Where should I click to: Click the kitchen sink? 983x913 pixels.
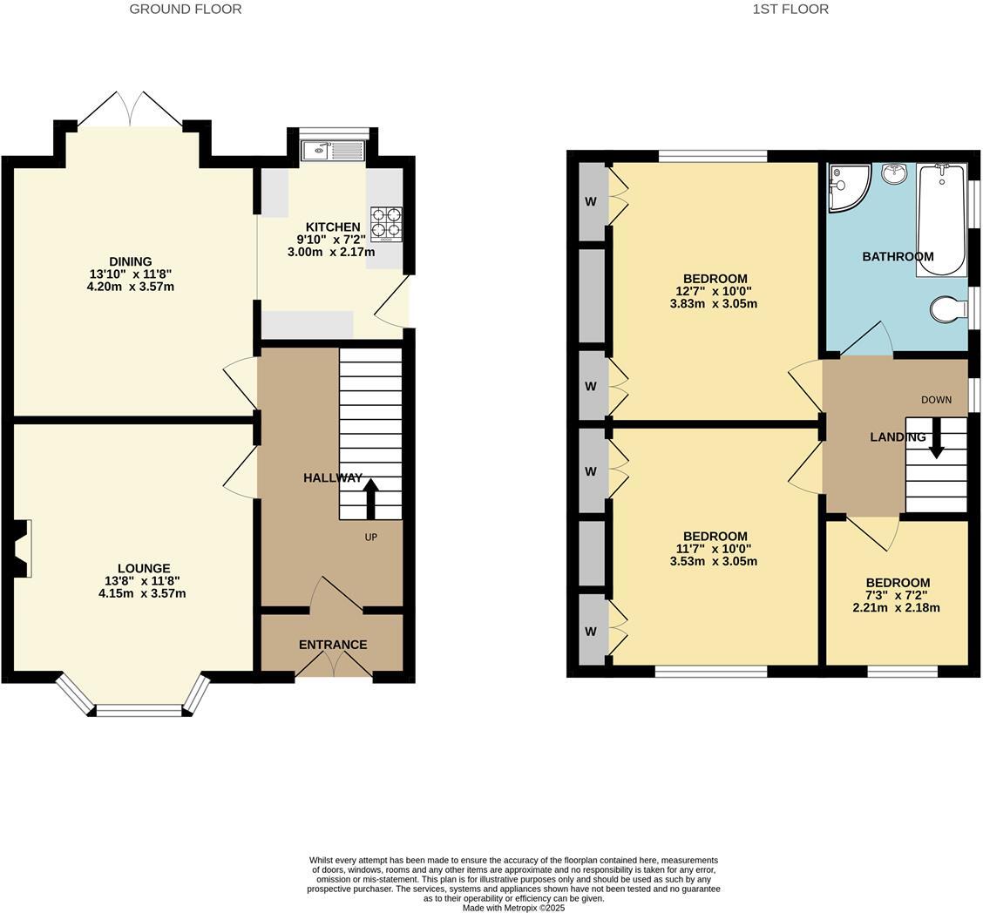333,151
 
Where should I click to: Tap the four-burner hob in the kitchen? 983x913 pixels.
386,222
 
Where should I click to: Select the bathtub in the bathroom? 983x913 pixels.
940,220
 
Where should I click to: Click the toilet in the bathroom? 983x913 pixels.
948,309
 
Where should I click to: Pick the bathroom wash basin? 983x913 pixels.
894,173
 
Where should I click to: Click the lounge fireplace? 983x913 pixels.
21,549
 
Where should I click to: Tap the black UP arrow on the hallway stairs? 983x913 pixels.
370,498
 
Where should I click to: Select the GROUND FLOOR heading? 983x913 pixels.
186,10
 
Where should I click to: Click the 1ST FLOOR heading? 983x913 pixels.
790,10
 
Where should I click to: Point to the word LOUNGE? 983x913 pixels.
144,568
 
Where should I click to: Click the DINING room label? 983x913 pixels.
131,261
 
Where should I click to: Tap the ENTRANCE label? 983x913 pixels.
333,645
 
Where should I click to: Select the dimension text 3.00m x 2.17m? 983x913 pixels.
331,253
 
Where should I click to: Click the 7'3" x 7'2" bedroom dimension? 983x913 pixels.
897,595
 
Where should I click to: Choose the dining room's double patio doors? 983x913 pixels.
131,110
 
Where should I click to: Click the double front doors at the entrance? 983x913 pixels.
334,664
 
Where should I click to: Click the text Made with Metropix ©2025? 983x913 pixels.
513,908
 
